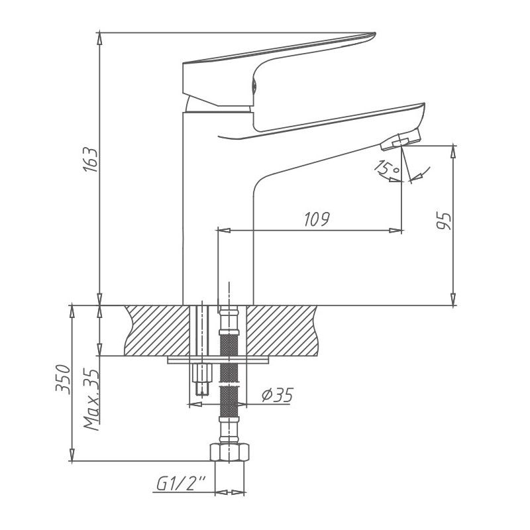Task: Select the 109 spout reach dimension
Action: [x=316, y=219]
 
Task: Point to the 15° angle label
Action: [x=386, y=169]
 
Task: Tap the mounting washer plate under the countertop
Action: [x=219, y=360]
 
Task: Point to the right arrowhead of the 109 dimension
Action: [x=399, y=230]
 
